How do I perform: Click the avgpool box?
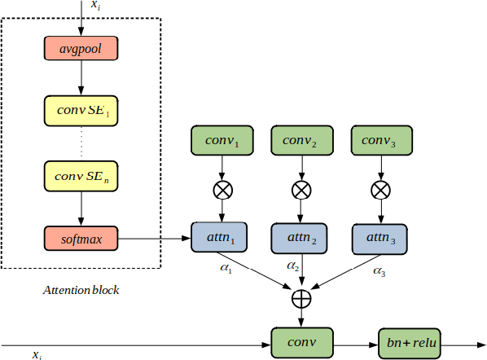point(81,49)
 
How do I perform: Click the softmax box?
point(81,238)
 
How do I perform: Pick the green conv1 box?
point(222,141)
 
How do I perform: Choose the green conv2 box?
point(301,141)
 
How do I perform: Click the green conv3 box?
point(381,141)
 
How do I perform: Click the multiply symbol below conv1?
point(222,190)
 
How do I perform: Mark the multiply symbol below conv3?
point(381,190)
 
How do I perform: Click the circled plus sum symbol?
point(301,298)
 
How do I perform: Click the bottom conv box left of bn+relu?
point(301,342)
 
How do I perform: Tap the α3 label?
point(379,269)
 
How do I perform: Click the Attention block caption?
point(81,288)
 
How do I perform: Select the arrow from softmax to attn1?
point(155,239)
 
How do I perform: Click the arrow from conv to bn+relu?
point(356,342)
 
